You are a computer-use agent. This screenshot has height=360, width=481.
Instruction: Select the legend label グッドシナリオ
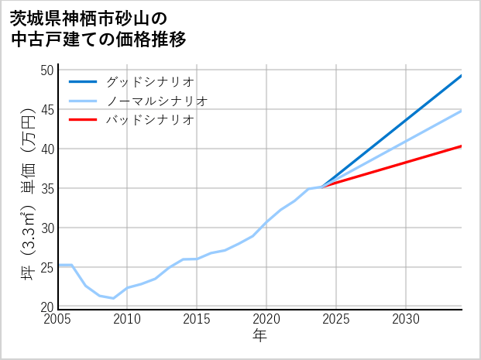tap(150, 81)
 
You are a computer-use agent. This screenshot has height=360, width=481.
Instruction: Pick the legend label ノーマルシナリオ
tap(157, 101)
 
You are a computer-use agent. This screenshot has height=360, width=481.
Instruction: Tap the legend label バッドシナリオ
tap(150, 120)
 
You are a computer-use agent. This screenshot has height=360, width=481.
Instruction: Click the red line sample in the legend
tap(83, 120)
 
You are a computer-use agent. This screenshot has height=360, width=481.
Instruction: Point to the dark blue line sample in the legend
tap(83, 81)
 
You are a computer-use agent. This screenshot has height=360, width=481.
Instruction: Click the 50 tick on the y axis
tap(46, 70)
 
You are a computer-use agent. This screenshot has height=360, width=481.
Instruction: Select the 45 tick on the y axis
tap(46, 110)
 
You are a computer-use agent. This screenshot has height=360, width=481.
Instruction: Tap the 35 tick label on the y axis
tap(46, 189)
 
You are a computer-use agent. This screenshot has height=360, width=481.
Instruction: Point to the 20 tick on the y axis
tap(46, 307)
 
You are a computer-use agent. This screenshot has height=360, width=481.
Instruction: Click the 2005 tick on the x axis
tap(58, 319)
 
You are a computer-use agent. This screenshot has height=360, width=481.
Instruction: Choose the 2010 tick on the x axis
tap(128, 319)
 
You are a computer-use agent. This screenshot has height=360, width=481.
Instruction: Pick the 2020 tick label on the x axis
tap(266, 319)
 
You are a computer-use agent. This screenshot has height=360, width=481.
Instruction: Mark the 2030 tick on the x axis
tap(406, 319)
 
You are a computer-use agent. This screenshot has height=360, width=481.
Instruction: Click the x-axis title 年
tap(259, 336)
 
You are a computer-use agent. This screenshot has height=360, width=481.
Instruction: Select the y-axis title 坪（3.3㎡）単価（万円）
tap(28, 189)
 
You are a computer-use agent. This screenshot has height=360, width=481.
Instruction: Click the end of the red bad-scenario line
tap(462, 146)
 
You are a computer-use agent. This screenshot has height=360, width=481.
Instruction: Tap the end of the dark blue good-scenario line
tap(462, 75)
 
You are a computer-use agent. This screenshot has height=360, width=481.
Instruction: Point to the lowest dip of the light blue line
tap(114, 298)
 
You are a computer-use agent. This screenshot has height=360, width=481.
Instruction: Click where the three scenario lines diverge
tap(322, 187)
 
